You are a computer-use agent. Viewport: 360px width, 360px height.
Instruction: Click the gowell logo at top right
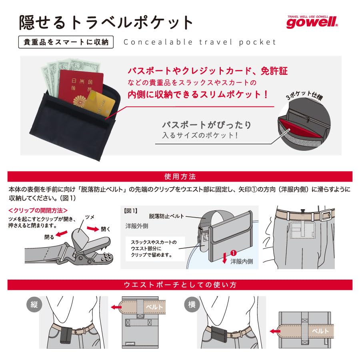coord(312,22)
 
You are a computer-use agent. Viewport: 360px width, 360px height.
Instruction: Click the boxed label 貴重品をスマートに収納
coord(66,42)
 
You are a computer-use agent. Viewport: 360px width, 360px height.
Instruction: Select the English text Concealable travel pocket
coord(200,42)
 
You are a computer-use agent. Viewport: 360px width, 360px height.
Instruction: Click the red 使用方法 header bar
coord(180,176)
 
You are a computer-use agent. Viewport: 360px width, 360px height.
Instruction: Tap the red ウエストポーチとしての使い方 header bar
coord(180,285)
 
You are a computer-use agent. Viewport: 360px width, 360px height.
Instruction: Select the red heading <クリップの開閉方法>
coord(38,210)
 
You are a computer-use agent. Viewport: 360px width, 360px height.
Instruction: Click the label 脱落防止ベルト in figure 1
coord(166,216)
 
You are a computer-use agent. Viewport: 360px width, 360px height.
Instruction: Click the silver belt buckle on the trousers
coord(326,215)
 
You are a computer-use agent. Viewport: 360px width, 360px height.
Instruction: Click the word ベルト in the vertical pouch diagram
coord(153,307)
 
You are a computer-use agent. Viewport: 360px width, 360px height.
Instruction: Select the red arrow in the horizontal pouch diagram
coord(275,331)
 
